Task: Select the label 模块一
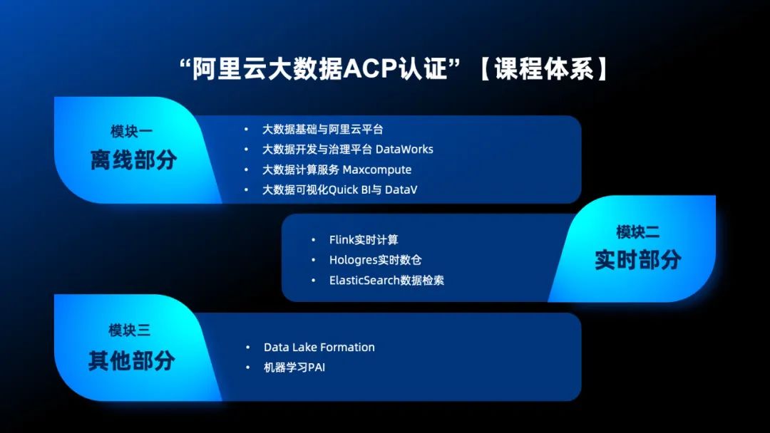pos(132,132)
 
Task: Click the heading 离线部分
pos(133,160)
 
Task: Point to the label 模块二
pos(637,231)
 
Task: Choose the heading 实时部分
pos(637,260)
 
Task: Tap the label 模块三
pos(129,330)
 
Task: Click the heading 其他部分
pos(132,360)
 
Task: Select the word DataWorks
pos(404,149)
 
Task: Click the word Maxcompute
pos(377,169)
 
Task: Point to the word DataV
pos(401,189)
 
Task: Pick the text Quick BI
pos(349,189)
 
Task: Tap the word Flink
pos(342,240)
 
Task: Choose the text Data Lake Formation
pos(319,348)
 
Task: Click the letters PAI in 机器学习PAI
pos(317,367)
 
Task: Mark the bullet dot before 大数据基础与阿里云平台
pos(246,130)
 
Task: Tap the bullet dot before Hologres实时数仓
pos(313,260)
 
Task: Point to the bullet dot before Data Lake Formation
pos(247,348)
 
